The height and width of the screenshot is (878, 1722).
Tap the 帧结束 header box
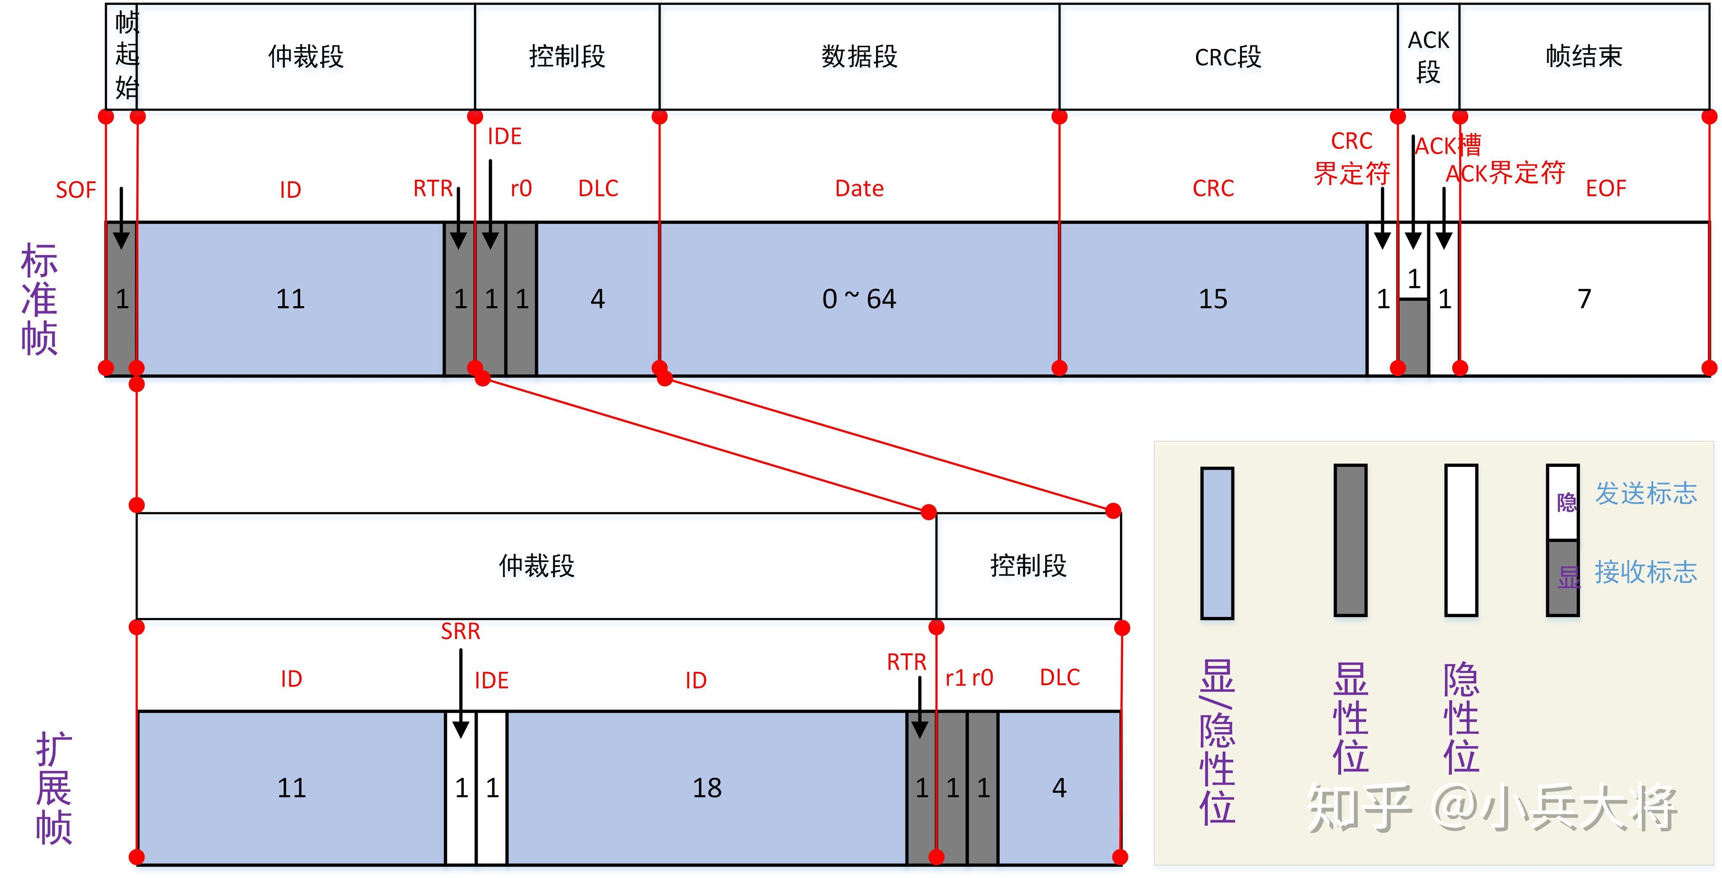[x=1584, y=57]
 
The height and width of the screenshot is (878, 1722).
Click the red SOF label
[x=76, y=190]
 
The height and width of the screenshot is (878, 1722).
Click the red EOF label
[x=1606, y=188]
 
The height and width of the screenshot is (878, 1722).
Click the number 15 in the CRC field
[x=1212, y=299]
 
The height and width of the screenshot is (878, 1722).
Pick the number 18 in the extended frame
[x=707, y=788]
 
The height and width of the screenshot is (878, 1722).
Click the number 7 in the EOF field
[x=1584, y=299]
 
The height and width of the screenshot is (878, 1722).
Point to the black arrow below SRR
[x=461, y=696]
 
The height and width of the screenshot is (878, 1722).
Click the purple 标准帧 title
[x=39, y=299]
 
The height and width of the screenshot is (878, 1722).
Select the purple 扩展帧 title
[x=53, y=788]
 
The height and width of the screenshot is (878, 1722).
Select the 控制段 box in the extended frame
[x=1028, y=566]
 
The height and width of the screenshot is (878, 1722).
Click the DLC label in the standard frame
[x=598, y=188]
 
